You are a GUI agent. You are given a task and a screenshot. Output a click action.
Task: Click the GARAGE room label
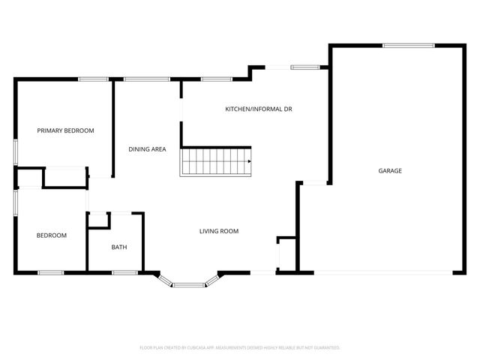pyautogui.click(x=390, y=171)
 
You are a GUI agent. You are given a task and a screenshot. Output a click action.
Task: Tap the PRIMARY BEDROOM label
pyautogui.click(x=66, y=130)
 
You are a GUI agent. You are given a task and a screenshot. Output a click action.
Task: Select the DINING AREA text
pyautogui.click(x=147, y=149)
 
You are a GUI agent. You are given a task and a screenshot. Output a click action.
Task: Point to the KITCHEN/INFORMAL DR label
pyautogui.click(x=259, y=109)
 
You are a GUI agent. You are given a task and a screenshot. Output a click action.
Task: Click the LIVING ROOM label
pyautogui.click(x=219, y=231)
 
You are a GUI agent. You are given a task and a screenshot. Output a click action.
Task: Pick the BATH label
pyautogui.click(x=119, y=247)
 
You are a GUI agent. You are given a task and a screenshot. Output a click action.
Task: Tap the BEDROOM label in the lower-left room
pyautogui.click(x=52, y=235)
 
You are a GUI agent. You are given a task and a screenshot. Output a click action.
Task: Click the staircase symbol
pyautogui.click(x=216, y=160)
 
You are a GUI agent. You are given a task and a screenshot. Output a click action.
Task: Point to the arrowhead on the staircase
pyautogui.click(x=249, y=160)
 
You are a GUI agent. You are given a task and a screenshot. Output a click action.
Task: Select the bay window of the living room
pyautogui.click(x=189, y=283)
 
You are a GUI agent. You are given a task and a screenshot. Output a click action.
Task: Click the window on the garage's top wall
pyautogui.click(x=409, y=46)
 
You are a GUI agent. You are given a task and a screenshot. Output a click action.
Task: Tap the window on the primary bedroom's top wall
pyautogui.click(x=93, y=79)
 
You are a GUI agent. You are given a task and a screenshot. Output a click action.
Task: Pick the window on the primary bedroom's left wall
pyautogui.click(x=15, y=150)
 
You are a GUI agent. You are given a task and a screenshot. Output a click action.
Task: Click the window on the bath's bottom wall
pyautogui.click(x=124, y=272)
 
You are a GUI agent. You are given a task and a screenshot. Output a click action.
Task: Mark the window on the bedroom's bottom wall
pyautogui.click(x=50, y=272)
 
